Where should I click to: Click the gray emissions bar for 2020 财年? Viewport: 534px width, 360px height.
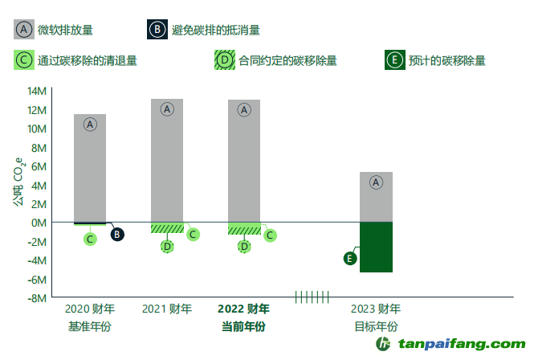pos(90,169)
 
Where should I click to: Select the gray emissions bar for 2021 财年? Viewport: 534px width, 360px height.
pos(167,161)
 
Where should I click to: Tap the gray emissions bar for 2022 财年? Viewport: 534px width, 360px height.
pos(244,161)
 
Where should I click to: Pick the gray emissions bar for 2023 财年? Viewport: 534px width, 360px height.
pos(376,198)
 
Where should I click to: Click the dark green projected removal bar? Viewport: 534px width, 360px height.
pos(376,247)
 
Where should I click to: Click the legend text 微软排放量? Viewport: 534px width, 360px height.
pos(65,31)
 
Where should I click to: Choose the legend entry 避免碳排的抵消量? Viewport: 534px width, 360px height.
pos(216,31)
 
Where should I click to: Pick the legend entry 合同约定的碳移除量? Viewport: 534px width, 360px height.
pos(287,60)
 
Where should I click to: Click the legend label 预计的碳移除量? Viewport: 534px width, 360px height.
pos(446,60)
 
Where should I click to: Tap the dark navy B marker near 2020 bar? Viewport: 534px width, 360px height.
pos(117,235)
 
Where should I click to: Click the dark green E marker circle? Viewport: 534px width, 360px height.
pos(349,258)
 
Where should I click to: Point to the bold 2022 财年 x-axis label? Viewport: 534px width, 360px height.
pos(244,309)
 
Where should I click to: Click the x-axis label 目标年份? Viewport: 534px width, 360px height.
pos(376,327)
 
